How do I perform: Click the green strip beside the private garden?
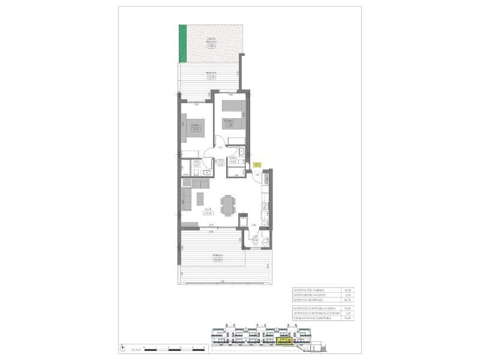(x=183, y=43)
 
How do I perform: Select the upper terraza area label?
(x=211, y=76)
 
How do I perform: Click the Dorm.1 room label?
(x=194, y=127)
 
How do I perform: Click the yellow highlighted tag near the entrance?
(x=257, y=164)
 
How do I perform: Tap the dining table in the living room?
(x=227, y=205)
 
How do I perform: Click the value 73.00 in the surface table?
(x=347, y=308)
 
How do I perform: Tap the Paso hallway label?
(x=221, y=161)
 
